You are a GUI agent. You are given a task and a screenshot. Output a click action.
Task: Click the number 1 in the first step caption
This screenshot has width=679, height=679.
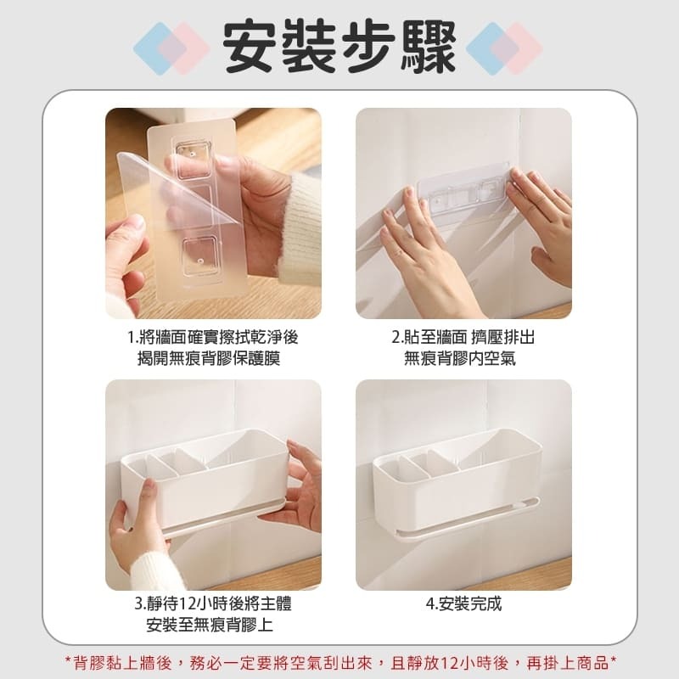132,337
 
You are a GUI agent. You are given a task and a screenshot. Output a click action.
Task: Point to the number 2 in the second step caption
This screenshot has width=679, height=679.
396,337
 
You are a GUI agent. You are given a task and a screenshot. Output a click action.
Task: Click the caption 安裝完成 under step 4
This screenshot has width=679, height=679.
463,604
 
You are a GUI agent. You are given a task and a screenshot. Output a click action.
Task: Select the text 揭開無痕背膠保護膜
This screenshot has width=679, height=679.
209,358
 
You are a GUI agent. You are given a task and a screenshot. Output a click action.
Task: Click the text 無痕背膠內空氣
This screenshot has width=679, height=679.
460,358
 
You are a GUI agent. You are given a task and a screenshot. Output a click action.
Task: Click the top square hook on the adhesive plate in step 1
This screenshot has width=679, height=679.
200,153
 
